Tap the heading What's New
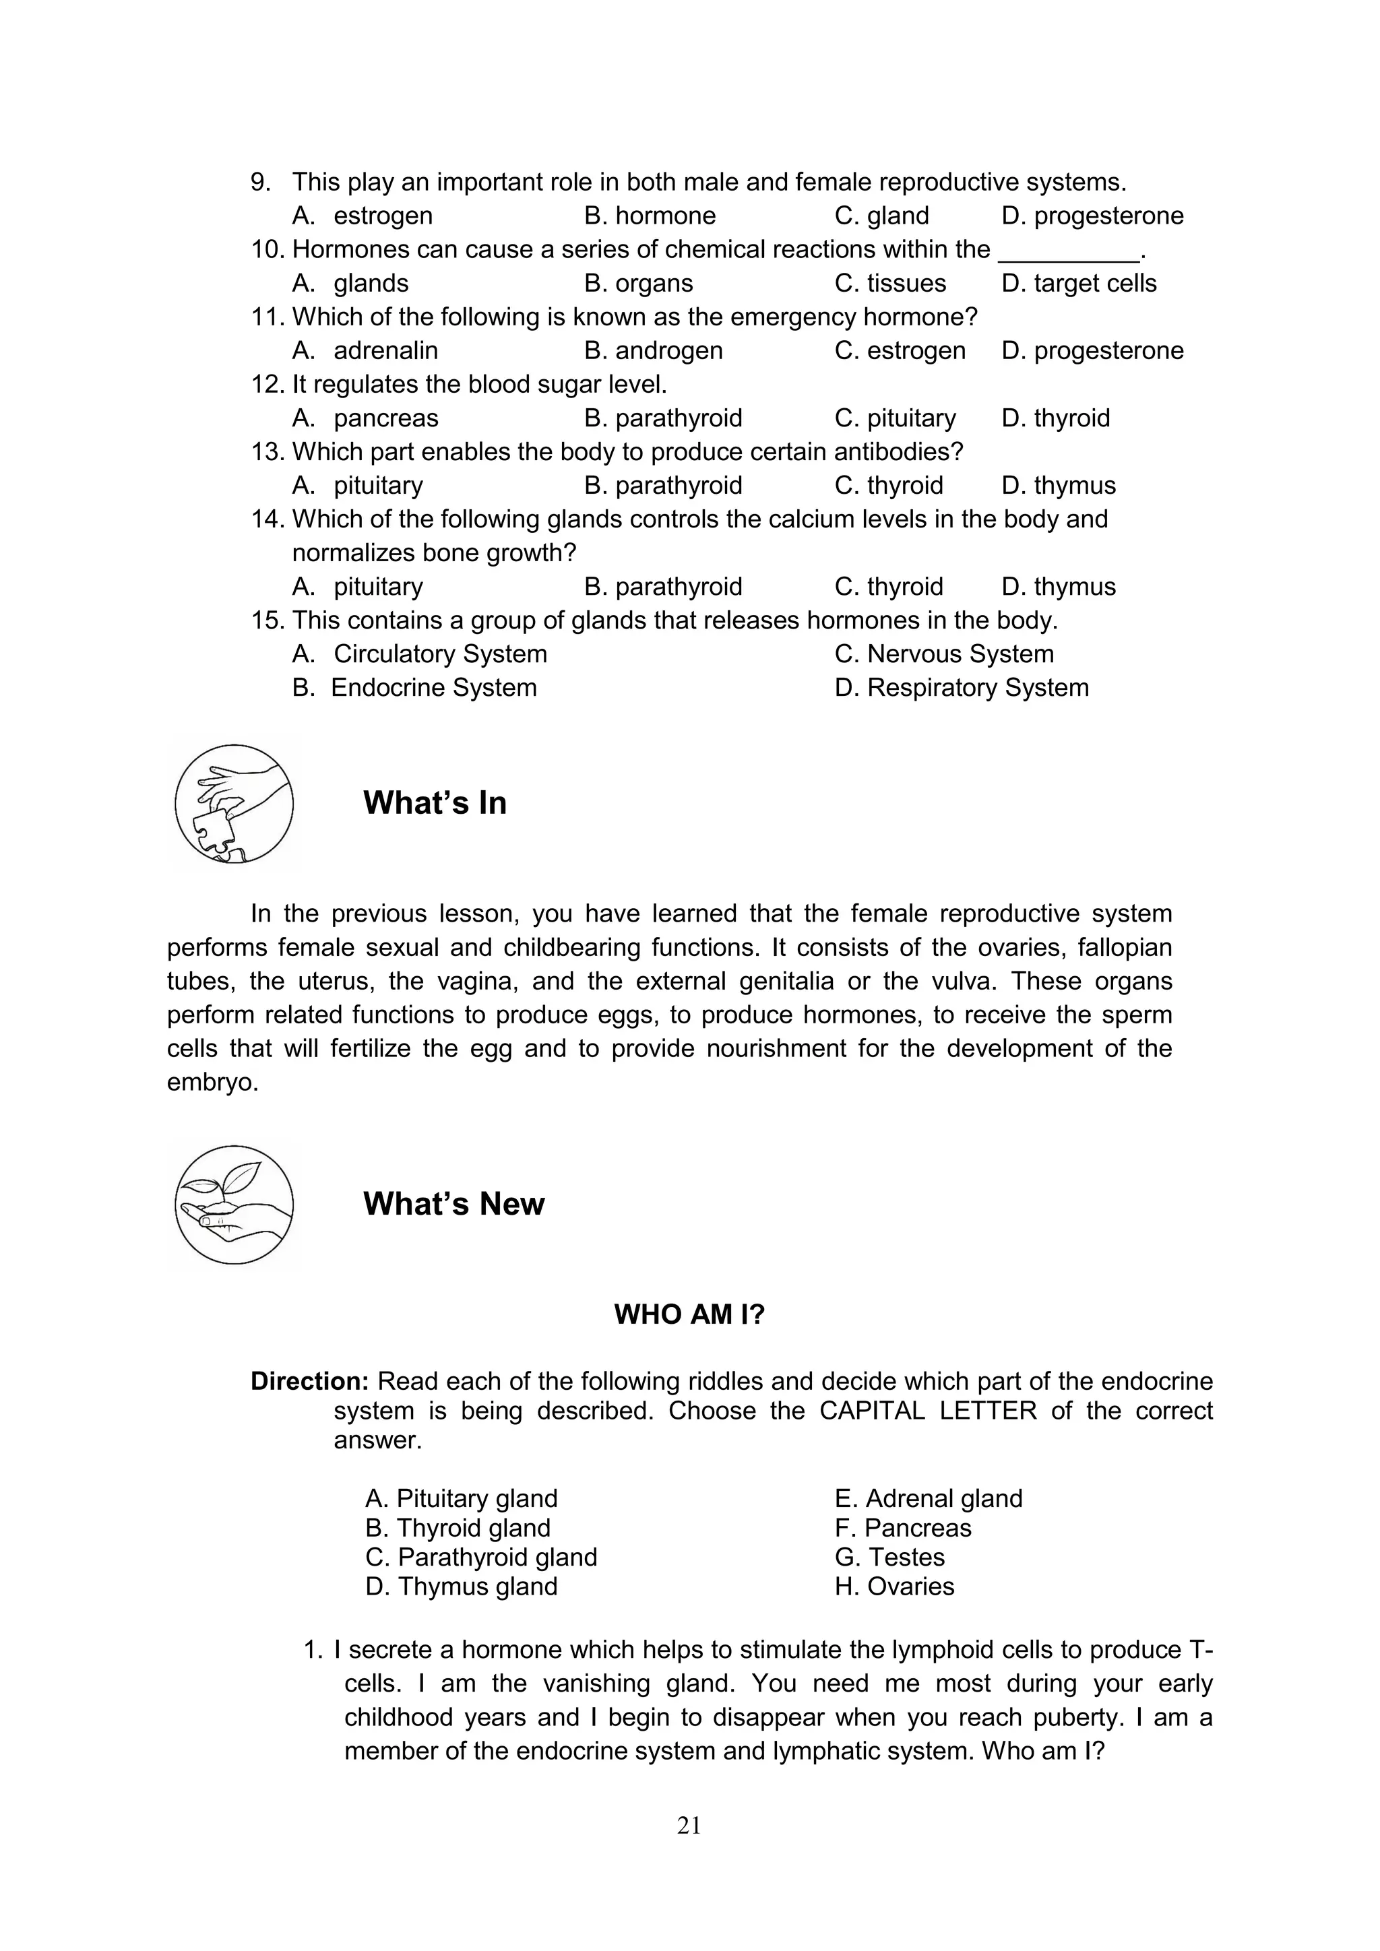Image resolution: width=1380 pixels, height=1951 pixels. point(453,1204)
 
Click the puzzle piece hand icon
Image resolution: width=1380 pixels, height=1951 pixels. point(234,804)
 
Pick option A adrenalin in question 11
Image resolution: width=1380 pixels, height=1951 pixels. point(365,351)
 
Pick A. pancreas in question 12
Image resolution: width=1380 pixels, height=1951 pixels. point(365,418)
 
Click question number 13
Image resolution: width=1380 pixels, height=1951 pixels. point(267,452)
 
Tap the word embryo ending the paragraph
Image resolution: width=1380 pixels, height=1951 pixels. point(211,1083)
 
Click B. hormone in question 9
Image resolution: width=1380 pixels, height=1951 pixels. point(650,216)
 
